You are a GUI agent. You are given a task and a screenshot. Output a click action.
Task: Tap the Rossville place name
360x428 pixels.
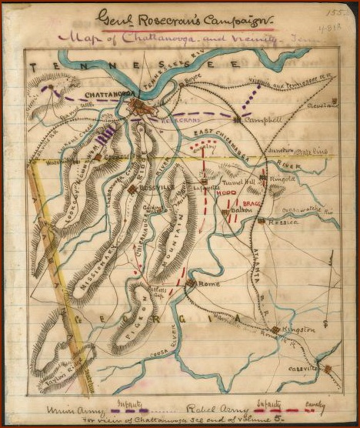tap(158, 189)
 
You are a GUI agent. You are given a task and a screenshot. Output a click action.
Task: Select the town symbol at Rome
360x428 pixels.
tap(191, 284)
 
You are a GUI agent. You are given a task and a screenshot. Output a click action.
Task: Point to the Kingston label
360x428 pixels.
tap(298, 329)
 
